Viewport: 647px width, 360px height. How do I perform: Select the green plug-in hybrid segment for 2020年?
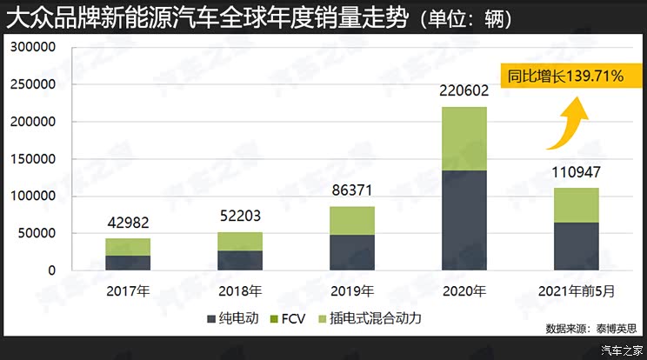pos(464,138)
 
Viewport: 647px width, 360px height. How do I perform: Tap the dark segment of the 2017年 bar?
pos(128,263)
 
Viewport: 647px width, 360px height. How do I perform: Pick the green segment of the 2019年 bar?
pos(351,220)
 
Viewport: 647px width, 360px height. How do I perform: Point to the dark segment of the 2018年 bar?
pos(240,260)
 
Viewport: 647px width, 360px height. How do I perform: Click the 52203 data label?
pos(240,214)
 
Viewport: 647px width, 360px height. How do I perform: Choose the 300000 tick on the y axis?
pos(32,48)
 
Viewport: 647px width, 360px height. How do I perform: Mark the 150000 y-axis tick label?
pos(32,159)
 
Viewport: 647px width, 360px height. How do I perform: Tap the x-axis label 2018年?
pos(240,290)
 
